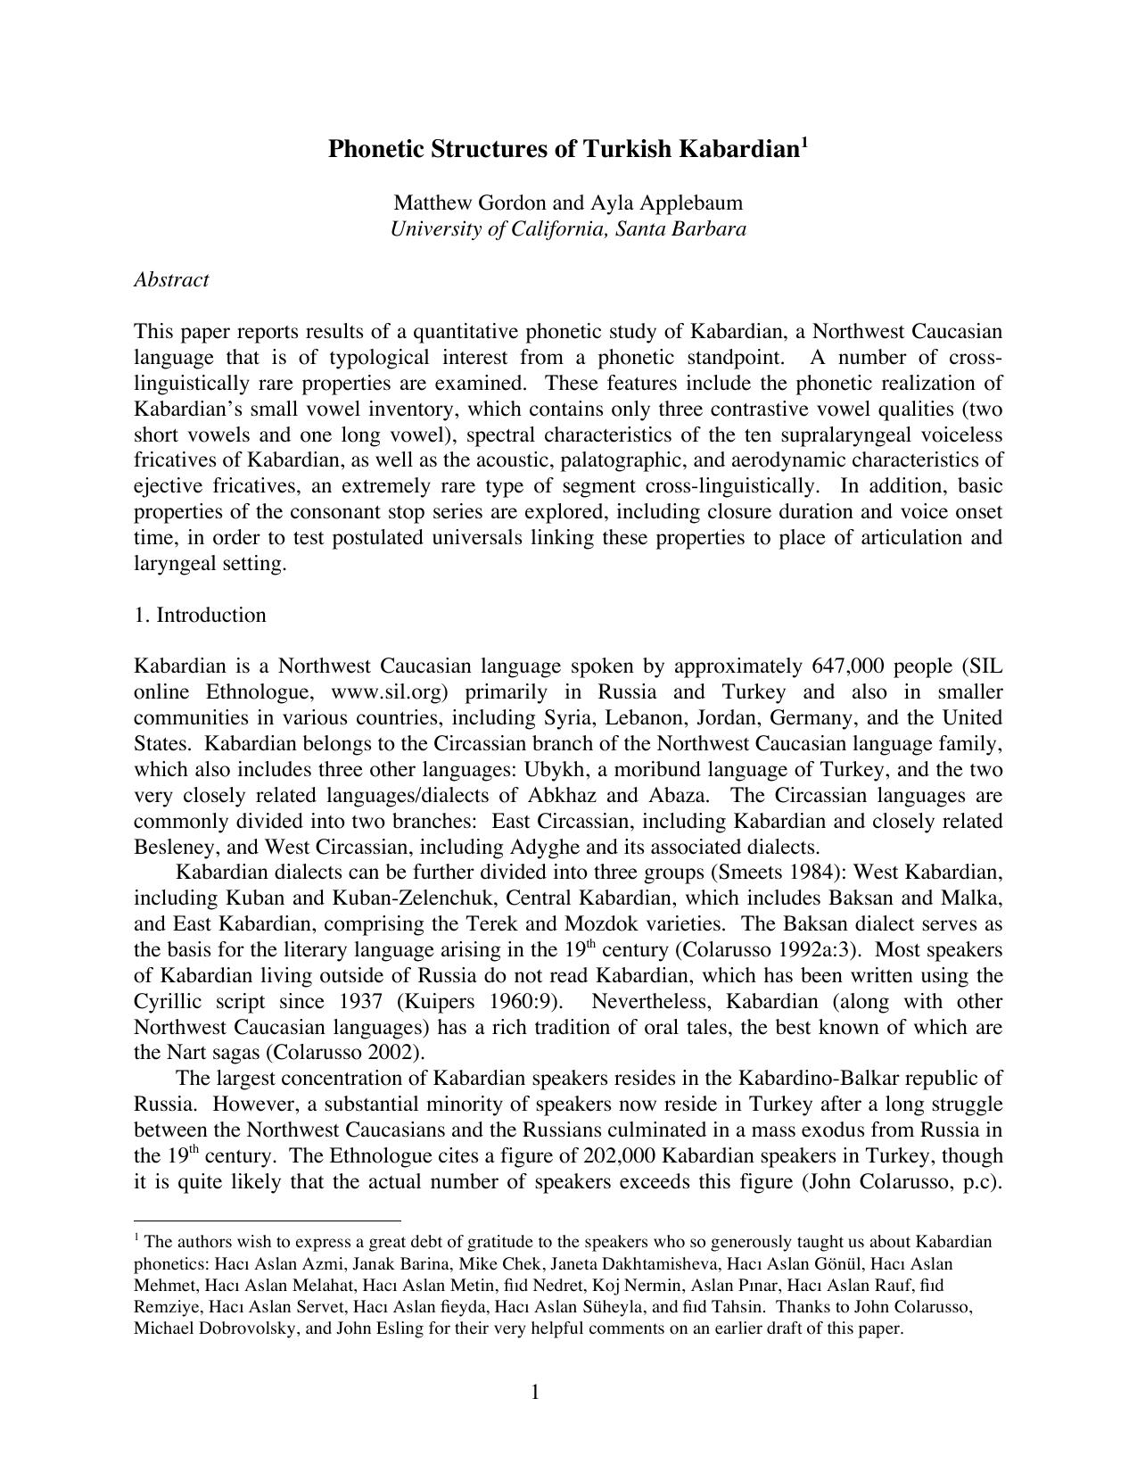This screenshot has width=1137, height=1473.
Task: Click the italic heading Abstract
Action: click(x=171, y=279)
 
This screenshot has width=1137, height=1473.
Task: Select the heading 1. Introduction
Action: click(x=200, y=615)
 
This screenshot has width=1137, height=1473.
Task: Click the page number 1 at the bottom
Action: click(x=535, y=1392)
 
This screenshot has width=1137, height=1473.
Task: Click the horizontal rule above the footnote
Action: click(x=267, y=1220)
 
